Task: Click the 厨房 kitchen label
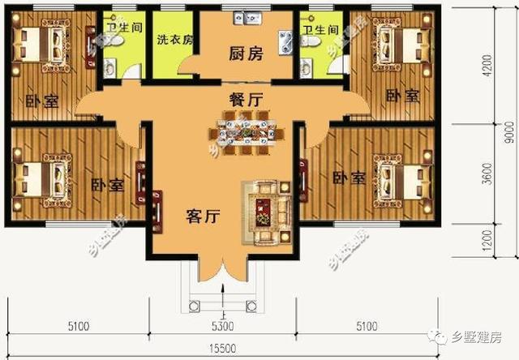click(x=246, y=55)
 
